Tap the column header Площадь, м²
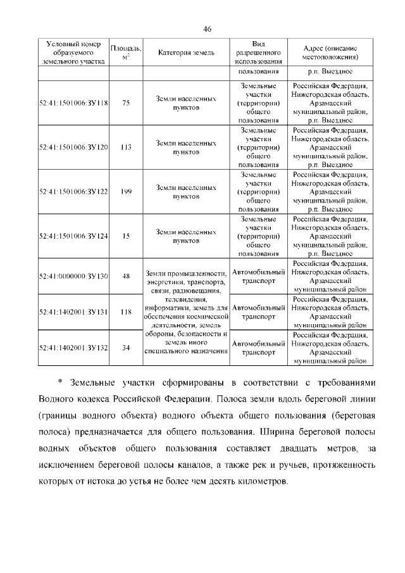pos(126,53)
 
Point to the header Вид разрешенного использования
pos(258,53)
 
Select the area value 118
pos(126,312)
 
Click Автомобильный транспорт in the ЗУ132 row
pos(258,348)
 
